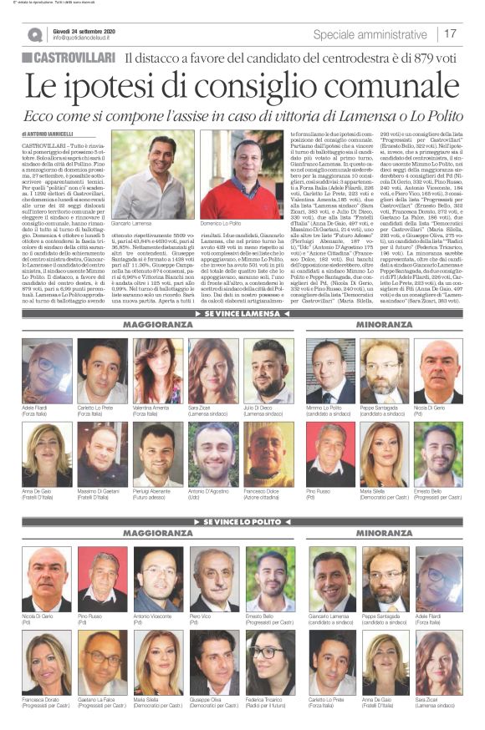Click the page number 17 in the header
(450, 34)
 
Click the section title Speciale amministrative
(372, 34)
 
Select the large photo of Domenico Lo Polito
(229, 175)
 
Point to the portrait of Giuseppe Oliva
(213, 662)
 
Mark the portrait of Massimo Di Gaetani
(102, 454)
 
